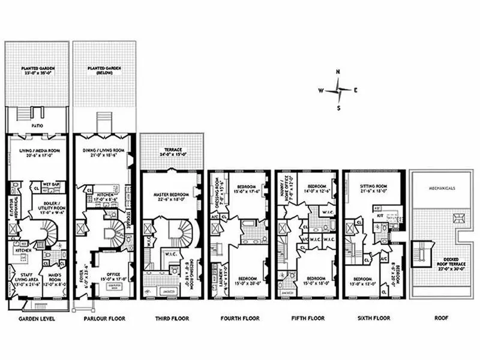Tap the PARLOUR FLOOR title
(x=104, y=319)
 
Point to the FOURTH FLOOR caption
(x=238, y=319)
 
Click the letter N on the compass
(x=338, y=72)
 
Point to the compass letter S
(x=338, y=109)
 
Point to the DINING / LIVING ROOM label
(x=104, y=151)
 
